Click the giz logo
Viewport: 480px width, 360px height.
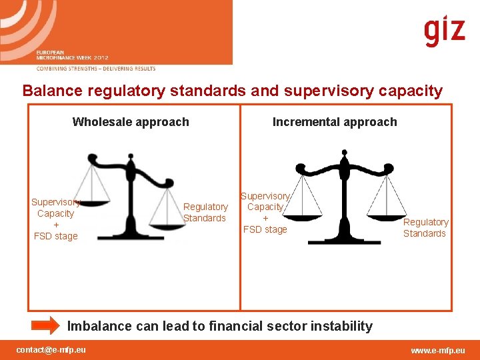point(444,31)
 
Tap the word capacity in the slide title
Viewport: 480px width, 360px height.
point(411,91)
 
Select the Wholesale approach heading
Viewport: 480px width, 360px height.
point(131,122)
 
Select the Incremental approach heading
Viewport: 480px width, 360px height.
point(335,122)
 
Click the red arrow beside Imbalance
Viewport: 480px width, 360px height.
point(46,326)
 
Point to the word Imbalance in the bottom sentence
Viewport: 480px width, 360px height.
point(101,326)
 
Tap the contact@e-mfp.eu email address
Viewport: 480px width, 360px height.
point(51,350)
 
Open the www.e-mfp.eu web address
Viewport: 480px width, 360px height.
point(438,350)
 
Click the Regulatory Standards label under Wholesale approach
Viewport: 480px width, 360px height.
point(205,213)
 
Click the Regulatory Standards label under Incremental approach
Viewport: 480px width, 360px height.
point(425,227)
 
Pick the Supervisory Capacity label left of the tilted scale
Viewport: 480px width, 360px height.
point(55,219)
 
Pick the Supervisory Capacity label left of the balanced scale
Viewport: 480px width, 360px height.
point(265,213)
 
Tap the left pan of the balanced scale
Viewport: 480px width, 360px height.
point(303,215)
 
